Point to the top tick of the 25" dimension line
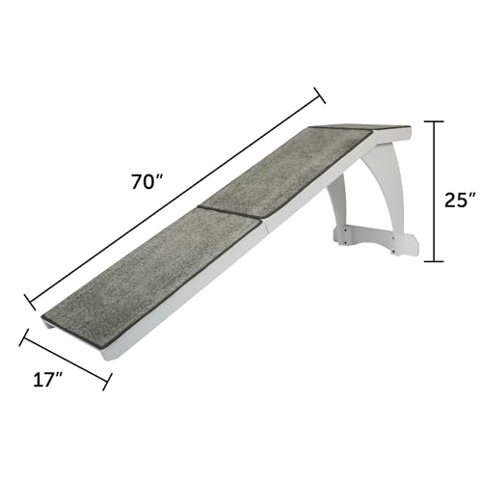[437, 121]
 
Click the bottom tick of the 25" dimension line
[437, 261]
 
